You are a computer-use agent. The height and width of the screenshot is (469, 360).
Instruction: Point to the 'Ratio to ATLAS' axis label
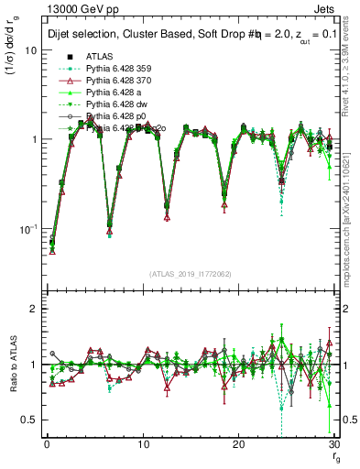[x=12, y=366]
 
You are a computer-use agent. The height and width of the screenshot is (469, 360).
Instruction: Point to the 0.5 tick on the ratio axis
[x=31, y=420]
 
